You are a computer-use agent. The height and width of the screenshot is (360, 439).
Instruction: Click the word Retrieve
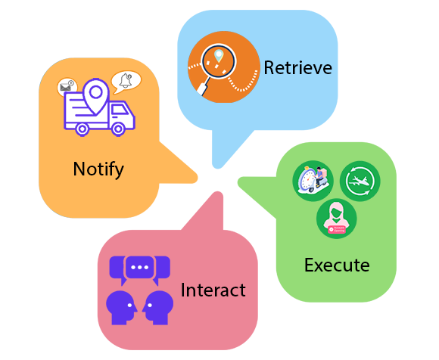point(298,68)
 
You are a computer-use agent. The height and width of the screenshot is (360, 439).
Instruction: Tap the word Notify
point(98,169)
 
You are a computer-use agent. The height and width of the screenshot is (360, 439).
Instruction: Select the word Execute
point(337,265)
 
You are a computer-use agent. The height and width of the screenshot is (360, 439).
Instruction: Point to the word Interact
point(213,290)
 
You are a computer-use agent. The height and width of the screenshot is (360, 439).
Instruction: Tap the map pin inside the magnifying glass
point(219,56)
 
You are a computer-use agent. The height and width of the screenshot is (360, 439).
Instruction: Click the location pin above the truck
point(96,97)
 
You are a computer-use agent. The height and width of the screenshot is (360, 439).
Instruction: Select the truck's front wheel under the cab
point(118,129)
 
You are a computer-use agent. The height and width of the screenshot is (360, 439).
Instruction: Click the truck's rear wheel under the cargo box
point(82,129)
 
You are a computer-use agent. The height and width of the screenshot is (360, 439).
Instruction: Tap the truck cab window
point(118,110)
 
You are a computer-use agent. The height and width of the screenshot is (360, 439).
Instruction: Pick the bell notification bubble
point(126,82)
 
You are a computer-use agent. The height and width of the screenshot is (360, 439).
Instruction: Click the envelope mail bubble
point(67,86)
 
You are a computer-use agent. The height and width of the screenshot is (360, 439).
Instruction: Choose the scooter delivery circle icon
point(313,181)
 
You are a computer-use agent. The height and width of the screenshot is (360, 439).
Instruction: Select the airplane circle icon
point(360,181)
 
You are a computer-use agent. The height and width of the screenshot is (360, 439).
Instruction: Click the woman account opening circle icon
point(337,219)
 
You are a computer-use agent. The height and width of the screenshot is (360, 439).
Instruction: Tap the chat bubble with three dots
point(140,268)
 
